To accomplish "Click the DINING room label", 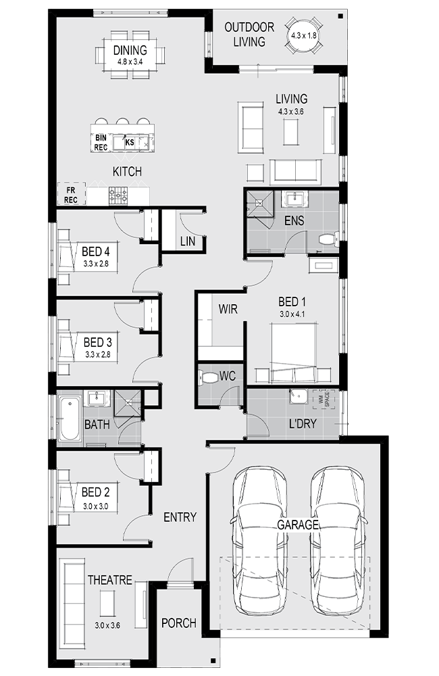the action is (x=130, y=50).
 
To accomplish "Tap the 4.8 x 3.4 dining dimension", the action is (x=130, y=62).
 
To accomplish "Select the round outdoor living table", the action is (x=303, y=35).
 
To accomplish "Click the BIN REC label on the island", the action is (x=101, y=143).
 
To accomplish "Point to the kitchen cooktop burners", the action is (x=118, y=195).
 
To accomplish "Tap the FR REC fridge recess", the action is (x=71, y=195).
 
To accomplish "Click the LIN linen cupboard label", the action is (x=187, y=241).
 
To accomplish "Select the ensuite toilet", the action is (x=329, y=239).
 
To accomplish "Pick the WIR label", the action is (x=228, y=309).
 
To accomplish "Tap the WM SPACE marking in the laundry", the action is (x=324, y=400).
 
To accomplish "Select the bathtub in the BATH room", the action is (x=70, y=418).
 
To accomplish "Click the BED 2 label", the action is (x=95, y=492).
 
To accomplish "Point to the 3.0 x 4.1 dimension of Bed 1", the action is (x=292, y=314).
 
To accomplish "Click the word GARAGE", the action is (x=297, y=525).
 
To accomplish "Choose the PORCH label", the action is (x=179, y=623).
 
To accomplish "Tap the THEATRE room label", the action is (x=110, y=580).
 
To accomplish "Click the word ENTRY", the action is (x=180, y=517).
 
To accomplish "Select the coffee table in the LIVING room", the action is (x=290, y=132).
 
